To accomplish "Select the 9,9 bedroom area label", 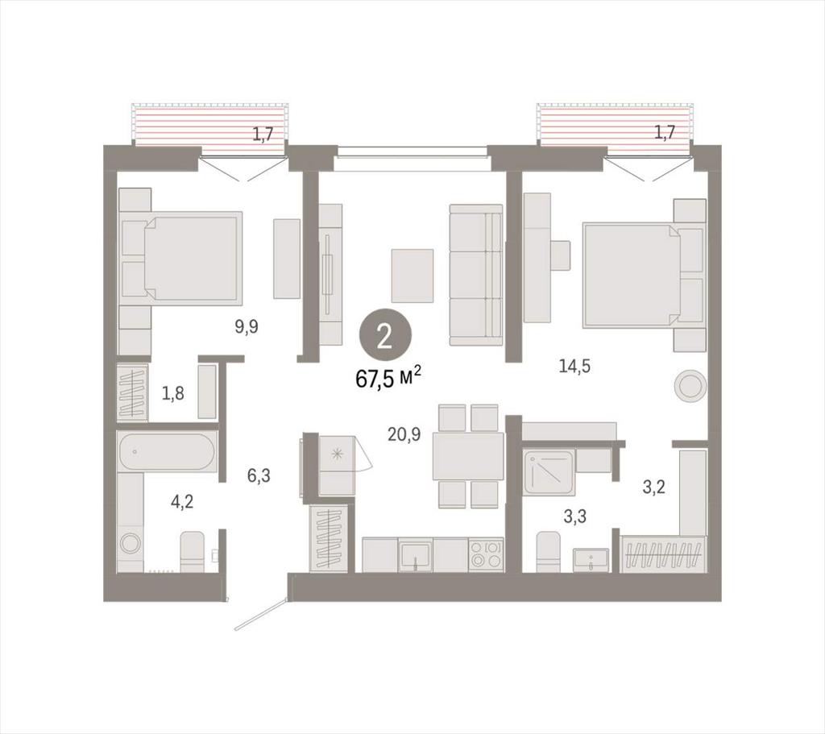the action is point(247,327).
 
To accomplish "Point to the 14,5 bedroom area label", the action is point(574,366).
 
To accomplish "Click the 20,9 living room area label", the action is point(404,434).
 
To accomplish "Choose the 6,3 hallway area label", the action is point(259,475).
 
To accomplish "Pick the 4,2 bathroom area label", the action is point(182,501).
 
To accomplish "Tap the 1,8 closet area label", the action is point(172,392).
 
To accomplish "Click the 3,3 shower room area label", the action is point(574,516).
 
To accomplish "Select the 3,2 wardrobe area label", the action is point(654,487).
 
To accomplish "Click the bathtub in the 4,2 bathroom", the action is point(166,451).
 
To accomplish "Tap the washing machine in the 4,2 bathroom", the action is point(130,542).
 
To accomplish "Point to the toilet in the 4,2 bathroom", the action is point(192,551).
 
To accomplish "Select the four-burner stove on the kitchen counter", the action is point(486,554).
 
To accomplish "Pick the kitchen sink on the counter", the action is point(415,554).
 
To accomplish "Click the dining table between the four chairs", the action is point(468,456).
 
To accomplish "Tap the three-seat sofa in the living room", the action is point(476,275).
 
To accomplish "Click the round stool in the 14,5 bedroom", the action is point(690,387).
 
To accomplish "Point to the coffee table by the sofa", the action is point(412,276).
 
